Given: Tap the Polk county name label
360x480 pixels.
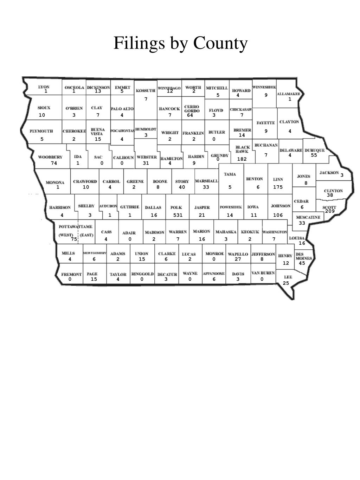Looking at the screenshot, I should coord(176,207).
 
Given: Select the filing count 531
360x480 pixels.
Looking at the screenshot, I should coord(178,215).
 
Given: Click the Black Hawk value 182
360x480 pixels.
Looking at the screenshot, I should coord(242,159).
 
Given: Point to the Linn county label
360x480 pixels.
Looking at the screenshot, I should coord(278,179).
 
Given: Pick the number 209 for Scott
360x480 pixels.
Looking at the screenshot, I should coord(330,211).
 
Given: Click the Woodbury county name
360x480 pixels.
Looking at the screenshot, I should coord(50,157).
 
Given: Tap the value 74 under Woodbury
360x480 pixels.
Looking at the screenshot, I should coord(54,163).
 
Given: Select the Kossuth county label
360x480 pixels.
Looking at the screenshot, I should coord(146,91).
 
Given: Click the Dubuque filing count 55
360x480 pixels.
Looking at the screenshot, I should coord(314,155).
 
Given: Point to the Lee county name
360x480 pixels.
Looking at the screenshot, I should coord(288,277).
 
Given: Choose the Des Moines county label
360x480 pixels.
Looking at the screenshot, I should coord(303,256).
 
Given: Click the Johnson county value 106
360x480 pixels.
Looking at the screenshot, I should coord(278,215).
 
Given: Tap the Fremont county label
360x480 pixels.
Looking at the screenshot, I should coord(71,274).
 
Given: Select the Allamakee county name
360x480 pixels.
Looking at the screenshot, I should coord(289,94).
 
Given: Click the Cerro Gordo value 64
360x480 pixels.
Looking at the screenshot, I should coord(190,115).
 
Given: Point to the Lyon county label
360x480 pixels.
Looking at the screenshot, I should coord(44,87).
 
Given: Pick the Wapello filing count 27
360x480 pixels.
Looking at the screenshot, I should coord(238,259).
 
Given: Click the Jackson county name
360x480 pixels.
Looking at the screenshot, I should coord(329,173).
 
